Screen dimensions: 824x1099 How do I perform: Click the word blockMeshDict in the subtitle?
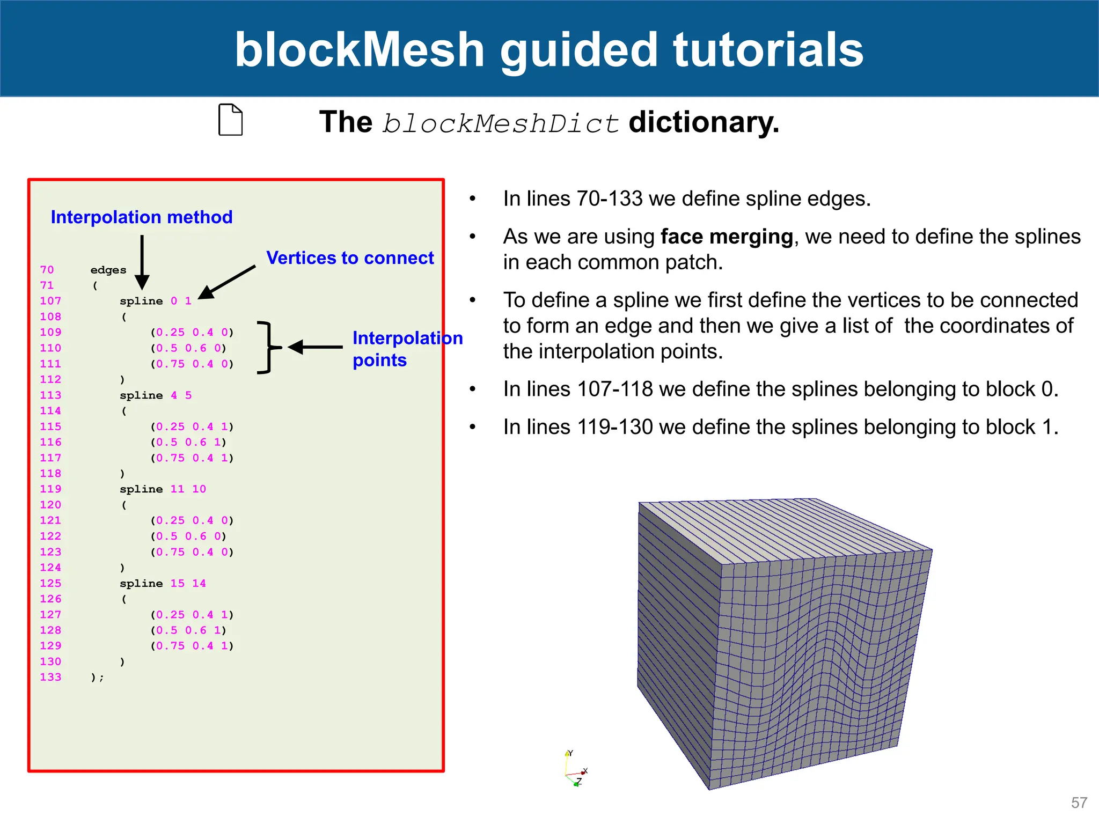(x=500, y=123)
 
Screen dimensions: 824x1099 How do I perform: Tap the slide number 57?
(x=1079, y=803)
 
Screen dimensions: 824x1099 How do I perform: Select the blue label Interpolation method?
(x=142, y=217)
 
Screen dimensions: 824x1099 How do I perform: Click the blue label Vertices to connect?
(x=350, y=258)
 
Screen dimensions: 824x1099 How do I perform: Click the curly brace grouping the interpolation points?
(x=268, y=348)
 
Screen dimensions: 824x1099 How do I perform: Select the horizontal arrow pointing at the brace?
(x=316, y=347)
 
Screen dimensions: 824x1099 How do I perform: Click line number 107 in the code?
(x=50, y=301)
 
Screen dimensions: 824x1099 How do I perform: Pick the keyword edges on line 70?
(x=108, y=270)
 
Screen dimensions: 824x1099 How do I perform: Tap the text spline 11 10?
(x=163, y=489)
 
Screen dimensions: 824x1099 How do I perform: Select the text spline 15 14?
(x=163, y=583)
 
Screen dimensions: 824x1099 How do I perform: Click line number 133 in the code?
(x=50, y=677)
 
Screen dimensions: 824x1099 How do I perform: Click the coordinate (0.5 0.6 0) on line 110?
(x=189, y=348)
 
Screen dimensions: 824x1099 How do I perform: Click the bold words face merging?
(x=727, y=237)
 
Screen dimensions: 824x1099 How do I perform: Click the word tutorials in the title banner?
(x=768, y=49)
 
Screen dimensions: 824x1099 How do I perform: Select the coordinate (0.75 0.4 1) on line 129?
(x=192, y=646)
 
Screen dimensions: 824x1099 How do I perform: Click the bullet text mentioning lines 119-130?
(x=780, y=427)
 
